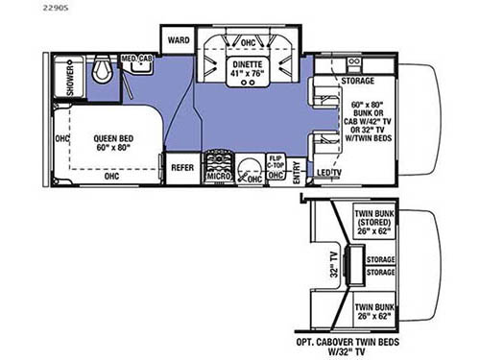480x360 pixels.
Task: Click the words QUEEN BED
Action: (x=114, y=137)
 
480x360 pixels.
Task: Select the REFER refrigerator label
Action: (x=182, y=166)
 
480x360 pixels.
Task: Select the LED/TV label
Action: (x=330, y=173)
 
